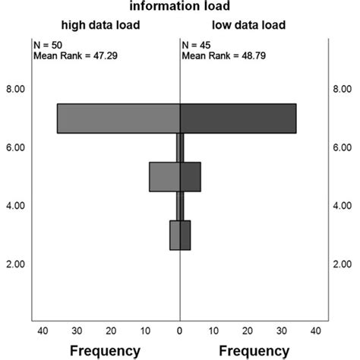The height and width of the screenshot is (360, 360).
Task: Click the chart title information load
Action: (179, 8)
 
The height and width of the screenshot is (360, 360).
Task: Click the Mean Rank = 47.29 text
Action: (77, 55)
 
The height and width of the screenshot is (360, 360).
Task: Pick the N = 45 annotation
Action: (197, 45)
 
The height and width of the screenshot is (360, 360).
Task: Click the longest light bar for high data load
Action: (118, 118)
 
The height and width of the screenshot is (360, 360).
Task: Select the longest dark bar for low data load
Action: (238, 118)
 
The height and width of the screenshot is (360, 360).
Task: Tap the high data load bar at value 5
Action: (165, 176)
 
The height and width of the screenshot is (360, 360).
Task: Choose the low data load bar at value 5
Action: (190, 176)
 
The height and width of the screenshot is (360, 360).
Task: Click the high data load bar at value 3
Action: (175, 235)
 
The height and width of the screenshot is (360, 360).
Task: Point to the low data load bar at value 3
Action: (185, 235)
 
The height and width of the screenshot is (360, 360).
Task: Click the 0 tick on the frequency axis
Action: (180, 331)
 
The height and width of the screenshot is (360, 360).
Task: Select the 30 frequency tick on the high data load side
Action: (77, 331)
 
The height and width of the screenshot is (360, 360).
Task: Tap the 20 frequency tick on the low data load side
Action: (248, 331)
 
